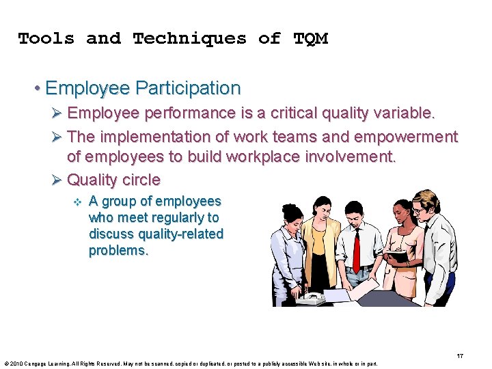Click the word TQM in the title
point(310,39)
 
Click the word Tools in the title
point(46,39)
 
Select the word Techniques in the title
point(189,39)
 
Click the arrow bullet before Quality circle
point(57,180)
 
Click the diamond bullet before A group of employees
point(77,202)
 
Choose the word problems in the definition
point(118,250)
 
